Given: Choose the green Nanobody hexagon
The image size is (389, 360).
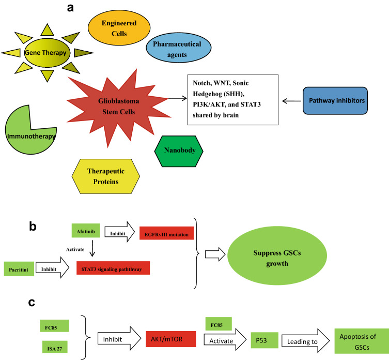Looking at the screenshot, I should tap(179, 151).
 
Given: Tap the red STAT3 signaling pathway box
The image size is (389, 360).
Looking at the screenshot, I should tap(113, 268).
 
